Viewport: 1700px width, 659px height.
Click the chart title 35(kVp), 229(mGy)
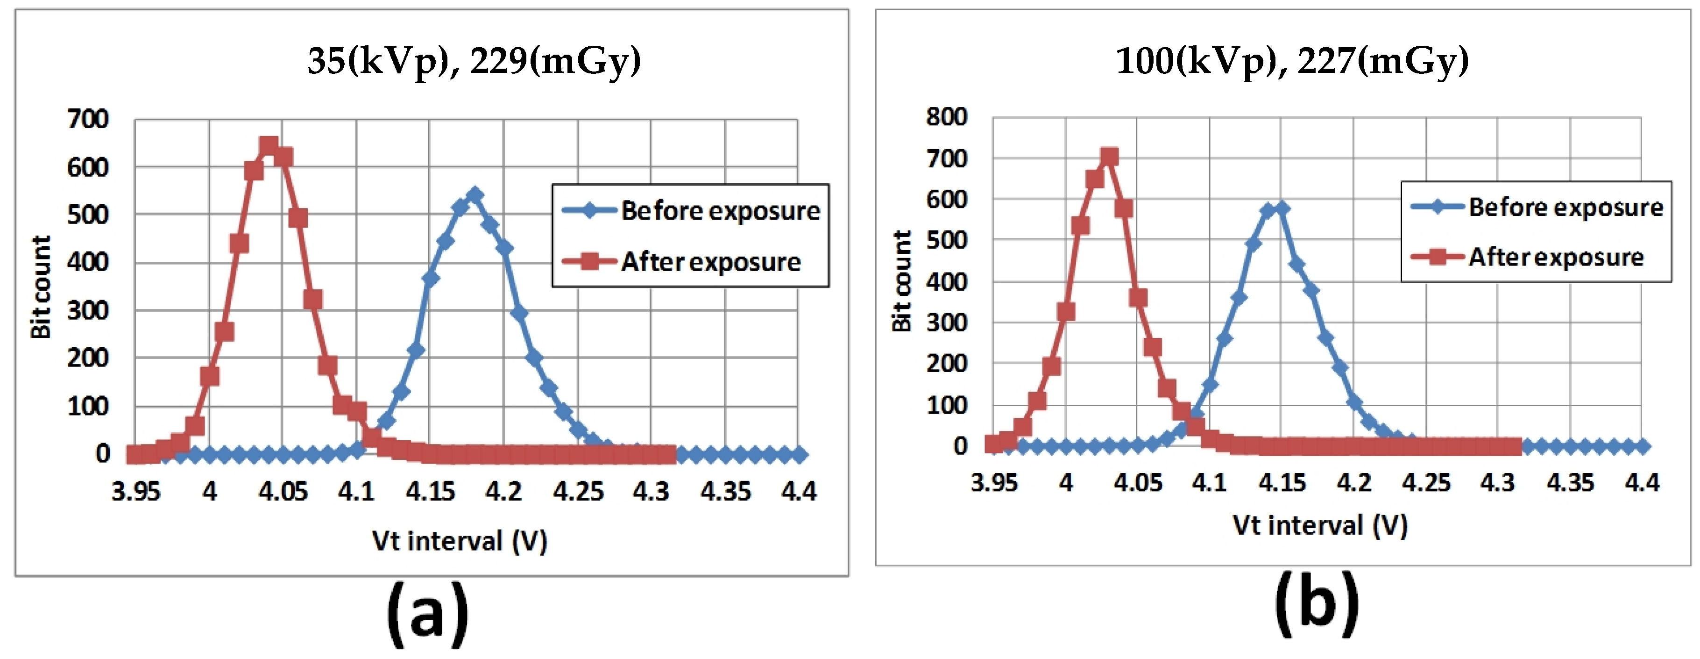pyautogui.click(x=474, y=61)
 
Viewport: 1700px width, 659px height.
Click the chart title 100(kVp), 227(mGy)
pyautogui.click(x=1291, y=61)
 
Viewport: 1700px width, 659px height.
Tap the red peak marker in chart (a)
pyautogui.click(x=268, y=145)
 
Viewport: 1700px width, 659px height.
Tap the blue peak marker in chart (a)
pyautogui.click(x=474, y=195)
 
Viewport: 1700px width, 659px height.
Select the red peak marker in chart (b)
pyautogui.click(x=1109, y=157)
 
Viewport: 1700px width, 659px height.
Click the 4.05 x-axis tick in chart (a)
pyautogui.click(x=283, y=491)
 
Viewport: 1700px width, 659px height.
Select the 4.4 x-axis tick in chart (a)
pyautogui.click(x=799, y=491)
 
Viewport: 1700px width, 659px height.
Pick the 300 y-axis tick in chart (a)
pyautogui.click(x=88, y=310)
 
